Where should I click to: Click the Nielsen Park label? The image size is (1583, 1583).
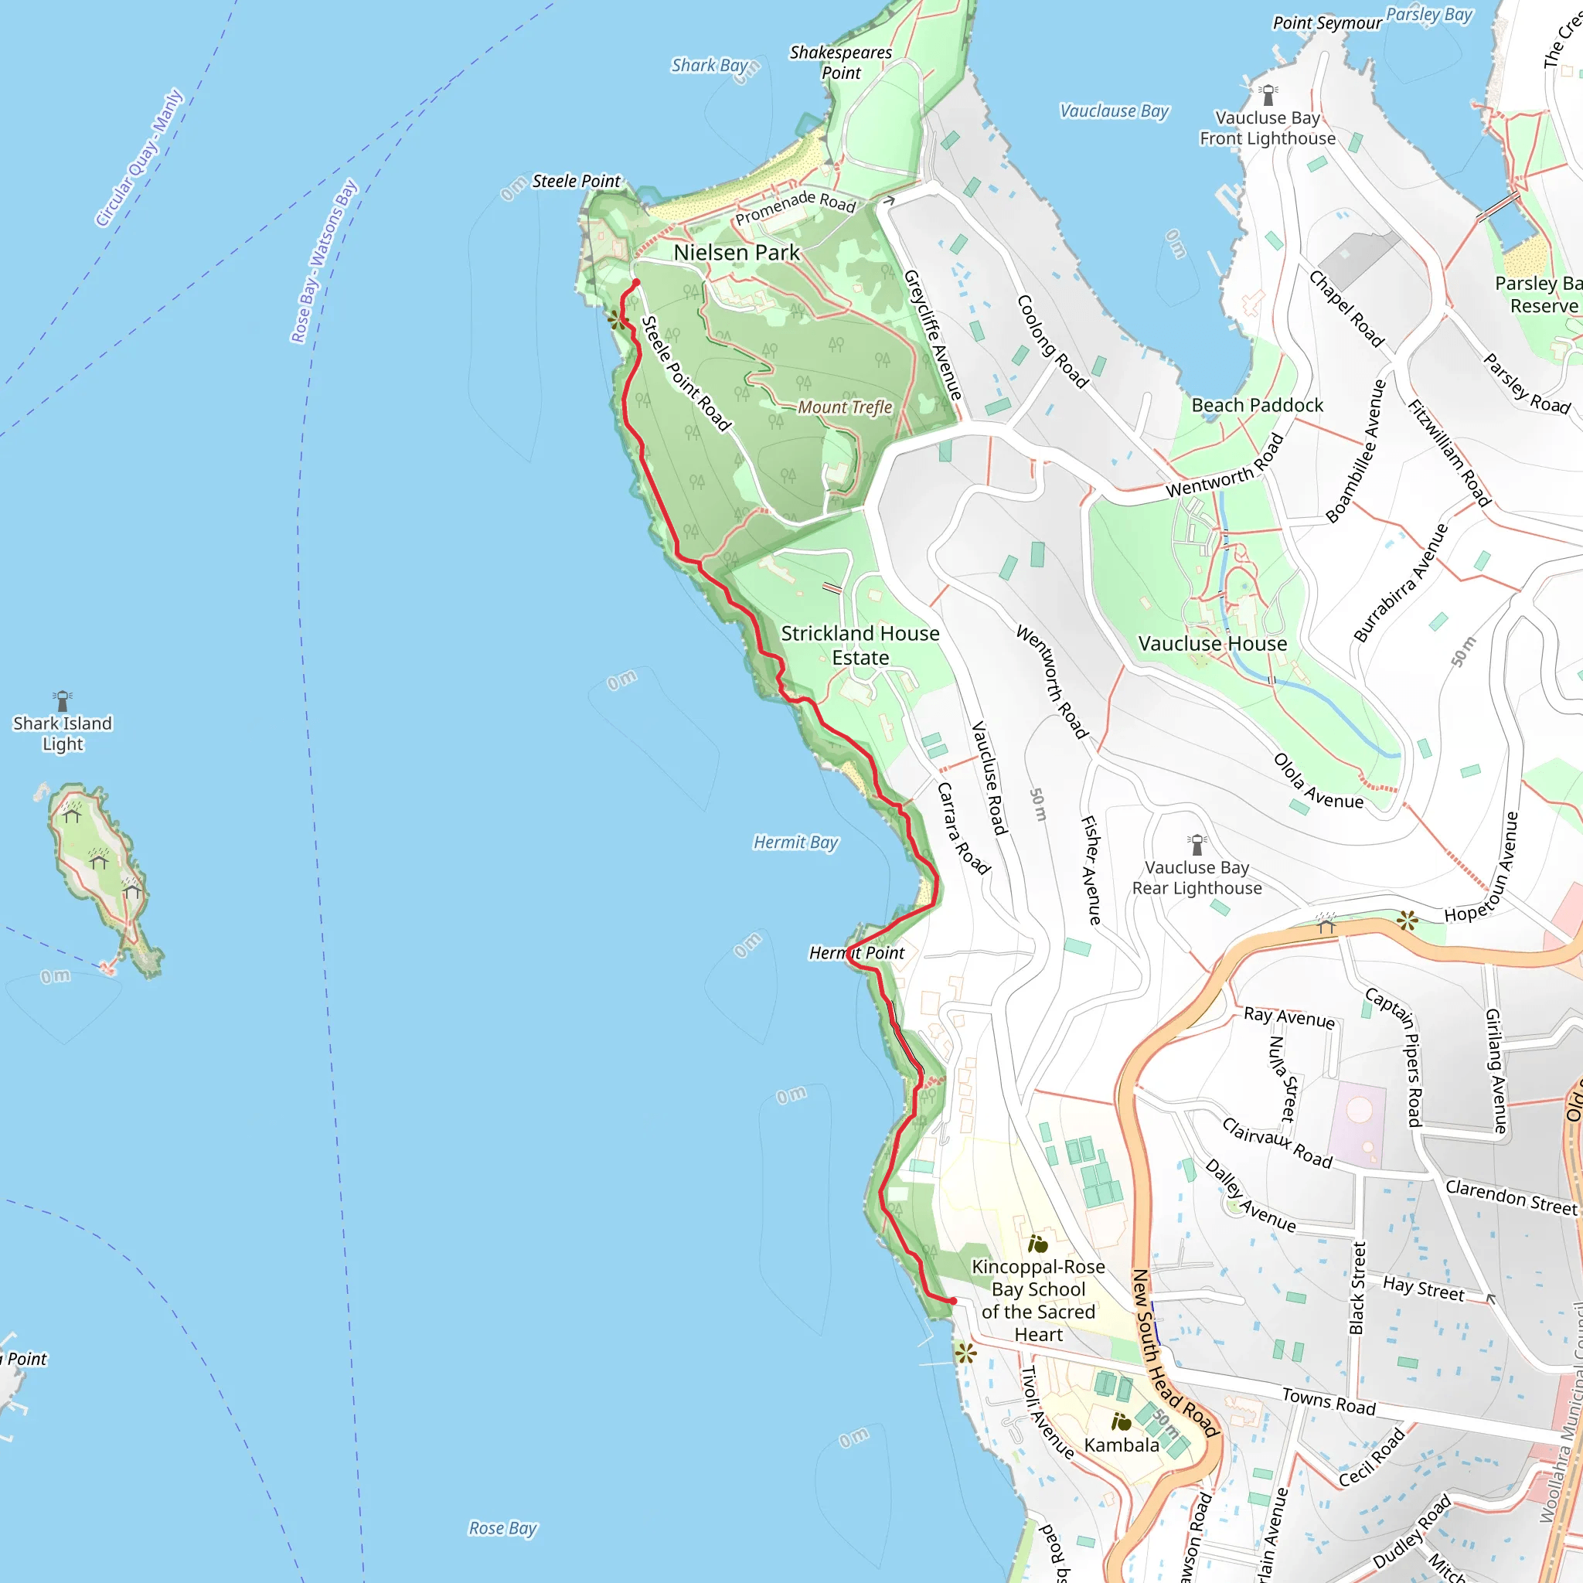[x=736, y=252]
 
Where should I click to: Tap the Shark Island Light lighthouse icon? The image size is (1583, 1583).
[x=63, y=700]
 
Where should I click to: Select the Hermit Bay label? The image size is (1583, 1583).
[x=795, y=843]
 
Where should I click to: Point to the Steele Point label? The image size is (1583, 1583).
[x=576, y=181]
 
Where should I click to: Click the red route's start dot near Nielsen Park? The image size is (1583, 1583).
[x=636, y=283]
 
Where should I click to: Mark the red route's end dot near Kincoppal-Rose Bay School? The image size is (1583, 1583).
[x=953, y=1300]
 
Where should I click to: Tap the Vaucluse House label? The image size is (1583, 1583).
[x=1212, y=644]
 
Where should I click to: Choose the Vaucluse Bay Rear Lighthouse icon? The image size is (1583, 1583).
[x=1197, y=843]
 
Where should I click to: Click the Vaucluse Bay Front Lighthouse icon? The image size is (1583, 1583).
[x=1268, y=94]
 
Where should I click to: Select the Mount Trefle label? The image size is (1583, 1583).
[x=844, y=407]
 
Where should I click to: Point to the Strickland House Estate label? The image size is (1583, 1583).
[x=860, y=645]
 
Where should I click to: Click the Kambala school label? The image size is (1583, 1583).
[x=1121, y=1445]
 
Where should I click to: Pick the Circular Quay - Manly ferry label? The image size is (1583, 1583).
[x=138, y=158]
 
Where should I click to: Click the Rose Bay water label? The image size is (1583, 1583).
[x=502, y=1528]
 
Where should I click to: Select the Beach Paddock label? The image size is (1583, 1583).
[x=1257, y=405]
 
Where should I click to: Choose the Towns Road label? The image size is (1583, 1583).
[x=1328, y=1401]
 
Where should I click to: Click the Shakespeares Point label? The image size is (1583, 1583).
[x=841, y=63]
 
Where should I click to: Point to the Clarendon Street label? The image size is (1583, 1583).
[x=1510, y=1197]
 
